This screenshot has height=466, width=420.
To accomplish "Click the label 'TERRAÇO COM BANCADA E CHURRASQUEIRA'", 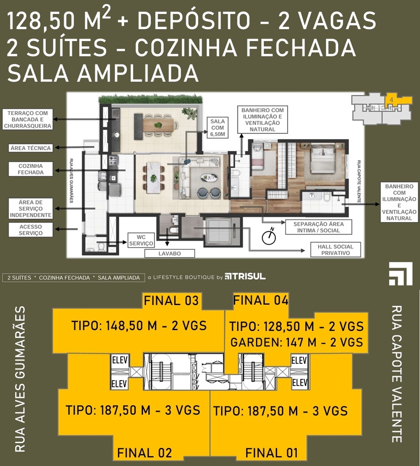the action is coord(28,120).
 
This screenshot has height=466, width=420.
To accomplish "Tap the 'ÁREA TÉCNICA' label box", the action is coord(31,148).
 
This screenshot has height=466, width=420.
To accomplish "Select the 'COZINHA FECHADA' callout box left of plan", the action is coord(31,169).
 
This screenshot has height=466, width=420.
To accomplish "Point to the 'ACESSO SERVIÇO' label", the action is coord(31,230).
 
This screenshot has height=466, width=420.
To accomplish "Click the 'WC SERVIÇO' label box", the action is coord(141,240).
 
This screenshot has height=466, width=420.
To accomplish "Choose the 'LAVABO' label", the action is coord(170,253).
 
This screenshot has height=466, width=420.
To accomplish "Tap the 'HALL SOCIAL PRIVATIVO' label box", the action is coord(335,250).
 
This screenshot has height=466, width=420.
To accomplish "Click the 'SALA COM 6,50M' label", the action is coord(218,128).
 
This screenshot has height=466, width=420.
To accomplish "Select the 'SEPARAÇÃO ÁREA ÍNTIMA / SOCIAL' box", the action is coord(318,227).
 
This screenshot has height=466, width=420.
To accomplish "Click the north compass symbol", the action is coord(269,236).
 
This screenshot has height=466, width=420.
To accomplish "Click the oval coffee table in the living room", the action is coord(209,178).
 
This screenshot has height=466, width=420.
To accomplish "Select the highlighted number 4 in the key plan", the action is coord(391,100).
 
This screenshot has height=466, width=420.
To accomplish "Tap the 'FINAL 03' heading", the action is coord(171,301).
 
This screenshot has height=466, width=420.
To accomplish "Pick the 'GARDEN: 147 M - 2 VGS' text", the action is coord(297,342).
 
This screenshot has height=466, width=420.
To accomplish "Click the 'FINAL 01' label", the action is coord(271,453).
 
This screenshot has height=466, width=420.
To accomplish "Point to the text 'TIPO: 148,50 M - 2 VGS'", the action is coord(139,326).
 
